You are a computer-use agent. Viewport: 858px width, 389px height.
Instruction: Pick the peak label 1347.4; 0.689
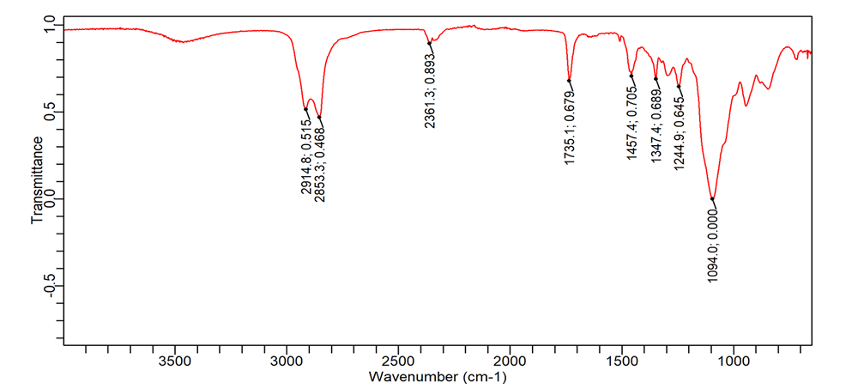pos(656,121)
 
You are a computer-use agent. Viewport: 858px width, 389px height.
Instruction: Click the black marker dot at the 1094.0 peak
pos(712,199)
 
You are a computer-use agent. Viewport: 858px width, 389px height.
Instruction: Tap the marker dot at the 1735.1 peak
pos(569,81)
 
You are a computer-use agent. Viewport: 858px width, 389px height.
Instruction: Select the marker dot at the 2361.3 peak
pos(429,43)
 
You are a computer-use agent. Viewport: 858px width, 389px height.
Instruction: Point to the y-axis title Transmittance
pos(38,179)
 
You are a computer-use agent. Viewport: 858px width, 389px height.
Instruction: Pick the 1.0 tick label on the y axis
pos(48,24)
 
